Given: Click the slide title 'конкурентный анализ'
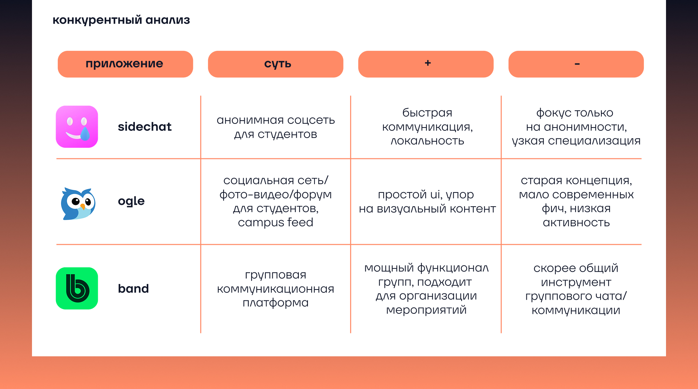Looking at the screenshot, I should (121, 20).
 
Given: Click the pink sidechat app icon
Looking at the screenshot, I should (77, 127).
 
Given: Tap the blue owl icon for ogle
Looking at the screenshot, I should (78, 203).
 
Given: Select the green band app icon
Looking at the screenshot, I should (77, 288).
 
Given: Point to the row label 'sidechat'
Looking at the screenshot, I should (144, 127).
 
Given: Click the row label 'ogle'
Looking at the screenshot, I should (131, 201).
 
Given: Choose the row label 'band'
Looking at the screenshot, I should (133, 289).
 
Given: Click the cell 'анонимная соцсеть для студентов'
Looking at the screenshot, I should (276, 127).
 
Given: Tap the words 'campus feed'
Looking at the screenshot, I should (276, 222).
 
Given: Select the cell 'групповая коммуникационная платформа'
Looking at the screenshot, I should (276, 289).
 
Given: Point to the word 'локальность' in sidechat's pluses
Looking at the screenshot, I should (427, 141).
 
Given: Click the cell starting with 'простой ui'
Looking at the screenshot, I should (427, 202).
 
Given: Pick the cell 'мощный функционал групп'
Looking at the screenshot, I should (426, 289).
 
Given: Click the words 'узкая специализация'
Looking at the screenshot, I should (576, 141).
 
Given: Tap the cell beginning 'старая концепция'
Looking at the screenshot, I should (576, 201).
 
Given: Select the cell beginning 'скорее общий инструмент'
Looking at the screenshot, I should (576, 289).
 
